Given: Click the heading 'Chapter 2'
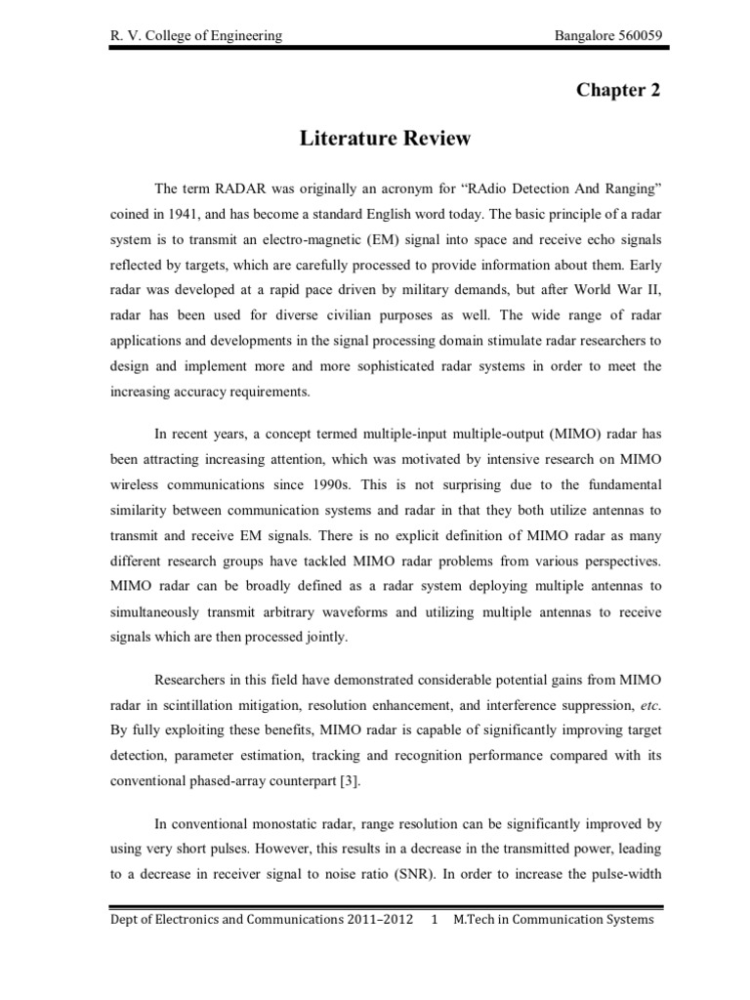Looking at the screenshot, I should [x=618, y=91].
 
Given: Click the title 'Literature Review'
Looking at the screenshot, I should [x=384, y=140].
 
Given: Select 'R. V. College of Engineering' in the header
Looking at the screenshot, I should [x=195, y=36].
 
